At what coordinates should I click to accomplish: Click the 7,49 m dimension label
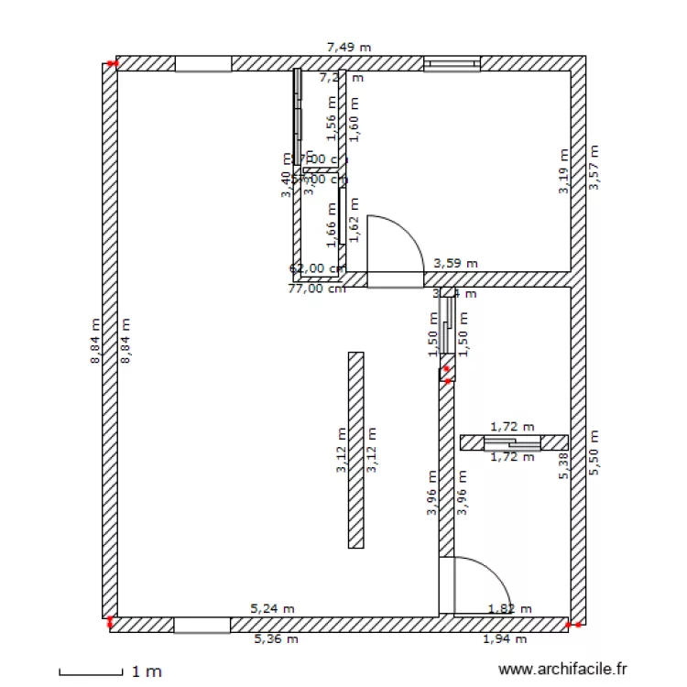349,47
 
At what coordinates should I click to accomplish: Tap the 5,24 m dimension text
273,607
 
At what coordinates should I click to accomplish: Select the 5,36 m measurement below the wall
276,639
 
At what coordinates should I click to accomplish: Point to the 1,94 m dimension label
505,639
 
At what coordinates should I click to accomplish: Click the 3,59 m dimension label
455,262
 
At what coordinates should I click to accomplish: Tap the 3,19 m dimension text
564,172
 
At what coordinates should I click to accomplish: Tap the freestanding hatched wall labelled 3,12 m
356,450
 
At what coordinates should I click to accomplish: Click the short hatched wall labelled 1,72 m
513,442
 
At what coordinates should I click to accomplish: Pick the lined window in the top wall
452,63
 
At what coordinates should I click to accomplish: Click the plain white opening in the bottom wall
202,625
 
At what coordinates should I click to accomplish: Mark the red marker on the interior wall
446,373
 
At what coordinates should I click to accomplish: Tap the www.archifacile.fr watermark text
562,671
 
